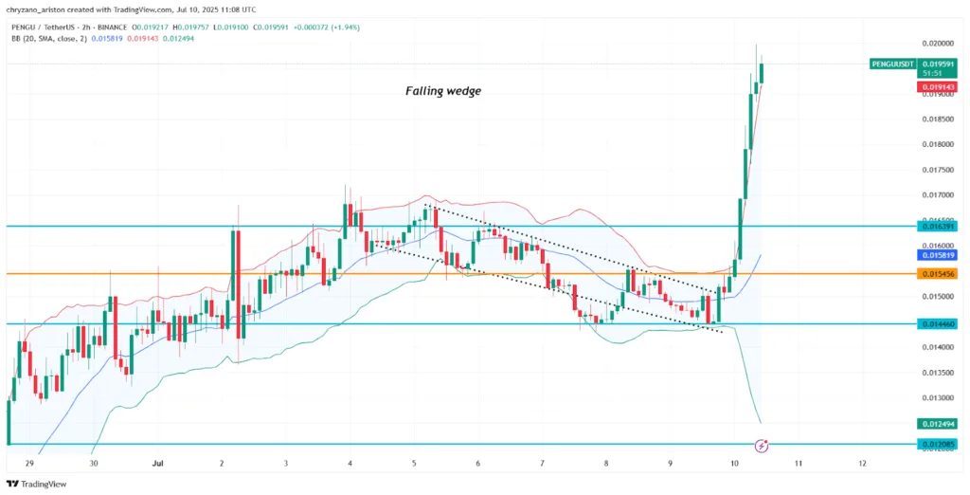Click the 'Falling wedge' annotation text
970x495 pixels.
pyautogui.click(x=443, y=91)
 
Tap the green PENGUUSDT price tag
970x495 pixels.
pyautogui.click(x=891, y=64)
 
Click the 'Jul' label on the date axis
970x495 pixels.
pyautogui.click(x=157, y=464)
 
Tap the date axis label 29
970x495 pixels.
pyautogui.click(x=29, y=464)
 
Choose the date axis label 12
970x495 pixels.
pyautogui.click(x=863, y=464)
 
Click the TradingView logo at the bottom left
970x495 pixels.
pyautogui.click(x=38, y=484)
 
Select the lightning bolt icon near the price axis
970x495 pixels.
pyautogui.click(x=762, y=445)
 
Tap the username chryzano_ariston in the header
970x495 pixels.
pyautogui.click(x=43, y=9)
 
